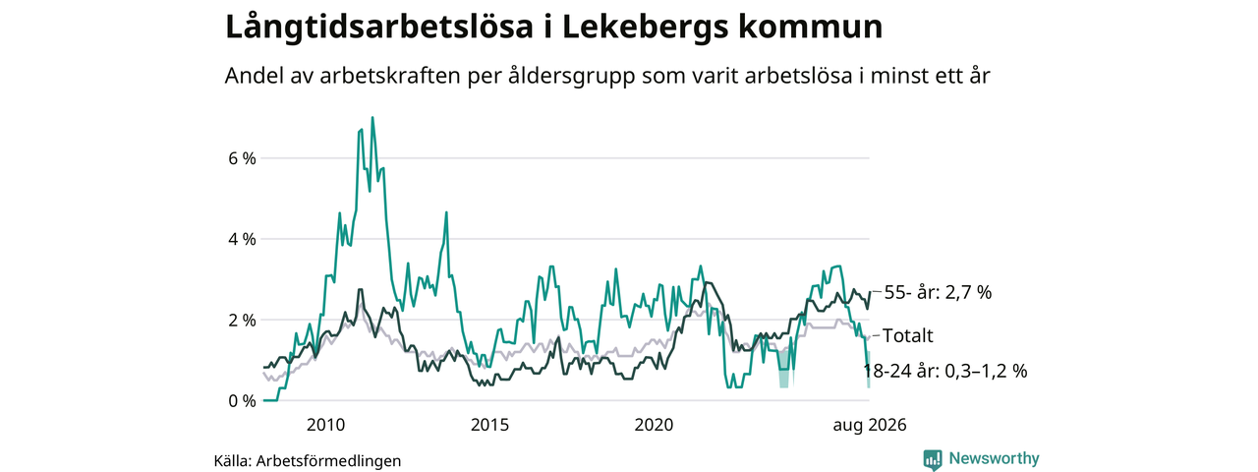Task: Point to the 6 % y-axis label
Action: tap(242, 158)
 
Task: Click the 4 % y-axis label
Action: tap(242, 239)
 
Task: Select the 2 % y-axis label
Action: tap(242, 321)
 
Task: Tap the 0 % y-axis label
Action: tap(242, 401)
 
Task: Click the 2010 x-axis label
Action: tap(325, 425)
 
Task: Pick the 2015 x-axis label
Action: tap(489, 425)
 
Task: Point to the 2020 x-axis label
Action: tap(654, 425)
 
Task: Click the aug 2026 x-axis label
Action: tap(870, 426)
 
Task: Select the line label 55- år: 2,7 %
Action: tap(938, 293)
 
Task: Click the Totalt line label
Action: tap(908, 336)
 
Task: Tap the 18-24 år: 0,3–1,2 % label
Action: tap(945, 371)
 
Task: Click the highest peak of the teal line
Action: tap(372, 117)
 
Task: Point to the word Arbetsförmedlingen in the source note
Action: tap(328, 461)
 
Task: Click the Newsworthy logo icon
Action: tap(933, 459)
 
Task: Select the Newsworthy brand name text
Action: tap(994, 458)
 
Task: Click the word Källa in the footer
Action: tap(233, 461)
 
